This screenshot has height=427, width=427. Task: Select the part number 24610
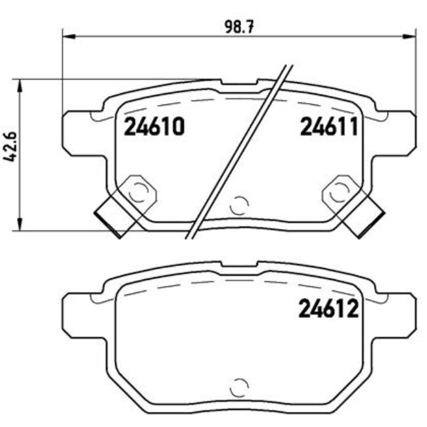[154, 126]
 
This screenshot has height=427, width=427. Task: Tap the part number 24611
[328, 126]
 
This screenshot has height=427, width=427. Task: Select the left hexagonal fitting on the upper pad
[139, 191]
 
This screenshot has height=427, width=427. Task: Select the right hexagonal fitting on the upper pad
[339, 191]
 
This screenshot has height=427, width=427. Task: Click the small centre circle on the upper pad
[240, 205]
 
